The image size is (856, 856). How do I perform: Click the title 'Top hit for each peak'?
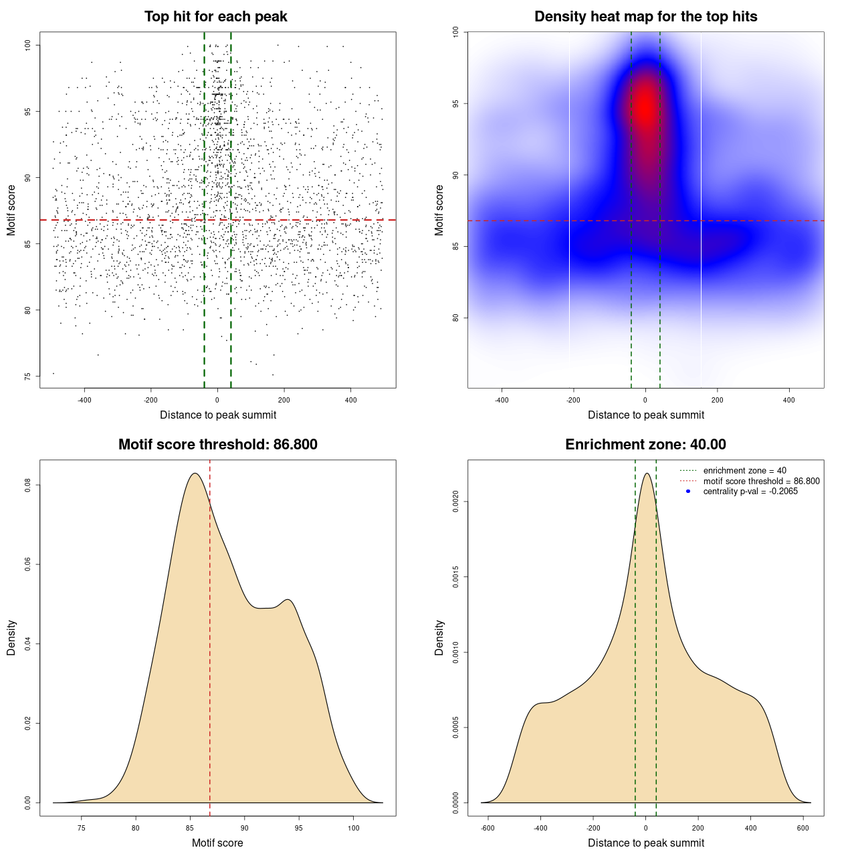[216, 17]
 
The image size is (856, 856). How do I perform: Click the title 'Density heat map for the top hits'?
[645, 17]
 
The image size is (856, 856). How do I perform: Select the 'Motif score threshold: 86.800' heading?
[217, 445]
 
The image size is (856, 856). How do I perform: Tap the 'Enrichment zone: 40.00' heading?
[645, 445]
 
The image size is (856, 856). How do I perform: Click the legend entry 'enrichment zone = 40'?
[744, 471]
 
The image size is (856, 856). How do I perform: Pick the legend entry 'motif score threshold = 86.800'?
[761, 481]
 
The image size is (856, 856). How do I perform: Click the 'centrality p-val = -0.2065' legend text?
[750, 492]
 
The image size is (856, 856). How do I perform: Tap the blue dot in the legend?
[688, 492]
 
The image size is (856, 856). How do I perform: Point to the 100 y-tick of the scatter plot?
[28, 45]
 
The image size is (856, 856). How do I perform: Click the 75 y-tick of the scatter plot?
[28, 377]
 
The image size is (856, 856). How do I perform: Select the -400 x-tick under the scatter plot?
[84, 400]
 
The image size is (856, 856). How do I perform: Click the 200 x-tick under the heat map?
[718, 400]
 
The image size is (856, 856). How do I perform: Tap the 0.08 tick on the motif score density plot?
[28, 485]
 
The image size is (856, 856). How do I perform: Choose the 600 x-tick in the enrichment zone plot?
[803, 828]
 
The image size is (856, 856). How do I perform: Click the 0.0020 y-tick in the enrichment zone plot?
[456, 502]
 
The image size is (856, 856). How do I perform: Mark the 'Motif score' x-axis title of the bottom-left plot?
[217, 843]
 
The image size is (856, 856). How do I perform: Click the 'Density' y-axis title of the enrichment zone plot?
[439, 637]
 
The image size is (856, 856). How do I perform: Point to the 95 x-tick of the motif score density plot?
[299, 828]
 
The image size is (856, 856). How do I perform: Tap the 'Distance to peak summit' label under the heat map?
[645, 415]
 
